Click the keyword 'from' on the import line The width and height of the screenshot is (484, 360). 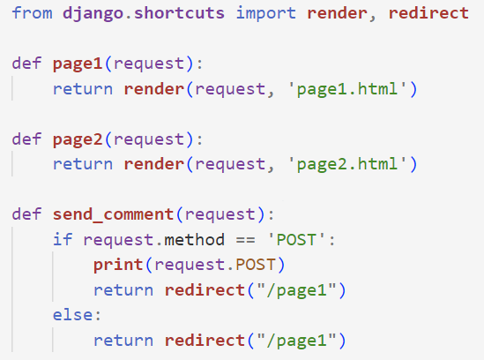click(32, 13)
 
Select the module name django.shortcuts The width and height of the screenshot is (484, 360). click(144, 14)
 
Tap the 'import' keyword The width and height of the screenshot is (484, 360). click(265, 14)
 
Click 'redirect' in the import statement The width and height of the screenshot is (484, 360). click(428, 13)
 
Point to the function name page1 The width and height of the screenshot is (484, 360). click(78, 64)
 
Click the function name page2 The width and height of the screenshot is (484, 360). click(78, 140)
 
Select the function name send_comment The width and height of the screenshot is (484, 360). click(113, 214)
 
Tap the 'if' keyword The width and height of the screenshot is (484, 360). click(63, 239)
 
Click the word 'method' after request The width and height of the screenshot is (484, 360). click(194, 240)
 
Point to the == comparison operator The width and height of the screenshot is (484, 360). click(246, 240)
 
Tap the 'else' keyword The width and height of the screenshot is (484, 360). click(72, 315)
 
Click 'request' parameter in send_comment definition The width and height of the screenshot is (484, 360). click(220, 215)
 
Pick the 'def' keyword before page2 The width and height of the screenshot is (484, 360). click(26, 139)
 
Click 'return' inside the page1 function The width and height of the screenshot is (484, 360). click(83, 89)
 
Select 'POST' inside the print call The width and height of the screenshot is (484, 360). click(256, 265)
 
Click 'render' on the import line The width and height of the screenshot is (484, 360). click(337, 13)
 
